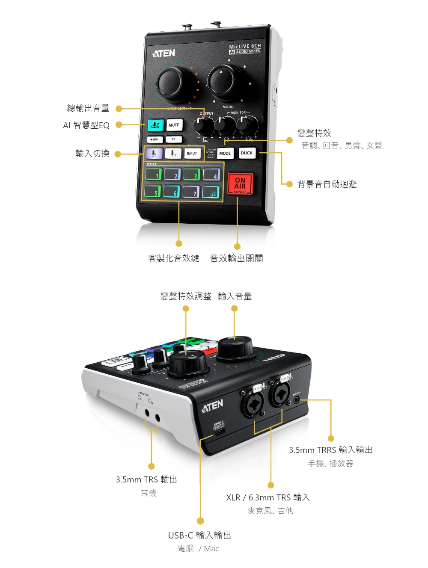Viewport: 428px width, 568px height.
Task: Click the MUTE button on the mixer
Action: click(x=174, y=125)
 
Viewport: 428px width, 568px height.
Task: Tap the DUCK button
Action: click(x=247, y=153)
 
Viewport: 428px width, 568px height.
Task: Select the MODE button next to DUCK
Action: click(x=225, y=153)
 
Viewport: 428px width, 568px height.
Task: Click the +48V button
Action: click(x=155, y=139)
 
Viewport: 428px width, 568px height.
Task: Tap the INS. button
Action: click(x=173, y=139)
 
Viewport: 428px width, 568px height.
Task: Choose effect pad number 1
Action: click(x=154, y=174)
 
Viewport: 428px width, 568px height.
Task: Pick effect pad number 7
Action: click(x=191, y=192)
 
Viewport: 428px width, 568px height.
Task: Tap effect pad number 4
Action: click(x=211, y=174)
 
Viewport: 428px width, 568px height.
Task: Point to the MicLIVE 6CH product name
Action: click(x=245, y=46)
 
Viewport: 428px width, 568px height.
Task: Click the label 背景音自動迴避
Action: click(x=327, y=184)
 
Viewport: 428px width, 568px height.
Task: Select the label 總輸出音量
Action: click(x=88, y=108)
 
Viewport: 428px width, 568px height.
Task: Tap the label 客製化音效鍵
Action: click(x=174, y=258)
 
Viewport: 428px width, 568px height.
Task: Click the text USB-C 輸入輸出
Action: click(x=199, y=535)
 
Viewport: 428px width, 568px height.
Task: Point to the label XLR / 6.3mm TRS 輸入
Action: click(x=268, y=497)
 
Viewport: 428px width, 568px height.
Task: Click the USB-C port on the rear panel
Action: click(x=219, y=432)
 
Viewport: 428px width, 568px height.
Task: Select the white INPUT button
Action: click(x=192, y=153)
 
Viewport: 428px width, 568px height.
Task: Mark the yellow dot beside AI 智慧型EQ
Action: click(x=119, y=125)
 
